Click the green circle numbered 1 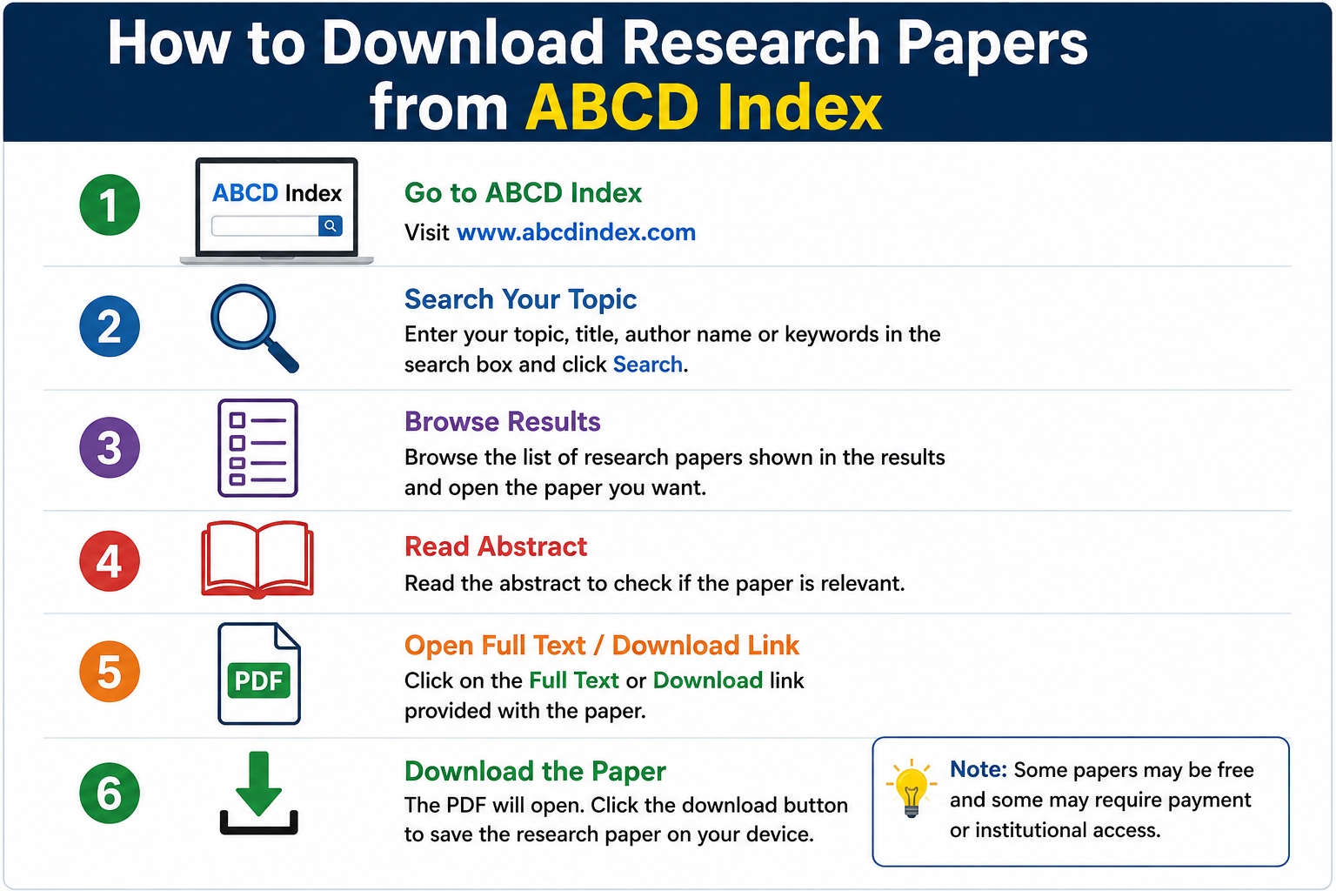pyautogui.click(x=110, y=204)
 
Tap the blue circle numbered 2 pyautogui.click(x=110, y=325)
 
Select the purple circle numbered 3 pyautogui.click(x=110, y=447)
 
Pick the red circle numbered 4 pyautogui.click(x=110, y=561)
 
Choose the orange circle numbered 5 pyautogui.click(x=110, y=672)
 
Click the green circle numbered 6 pyautogui.click(x=110, y=794)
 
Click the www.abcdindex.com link pyautogui.click(x=576, y=232)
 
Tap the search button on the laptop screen pyautogui.click(x=330, y=225)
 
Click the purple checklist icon pyautogui.click(x=257, y=447)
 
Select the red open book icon pyautogui.click(x=257, y=559)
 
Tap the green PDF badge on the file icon pyautogui.click(x=259, y=680)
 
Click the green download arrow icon pyautogui.click(x=259, y=794)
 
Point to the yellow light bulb pyautogui.click(x=911, y=787)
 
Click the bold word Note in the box pyautogui.click(x=979, y=769)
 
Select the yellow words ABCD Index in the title pyautogui.click(x=703, y=107)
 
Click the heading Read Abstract pyautogui.click(x=496, y=546)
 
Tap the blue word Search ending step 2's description pyautogui.click(x=648, y=364)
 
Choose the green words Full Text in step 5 pyautogui.click(x=574, y=680)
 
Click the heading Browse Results pyautogui.click(x=502, y=421)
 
